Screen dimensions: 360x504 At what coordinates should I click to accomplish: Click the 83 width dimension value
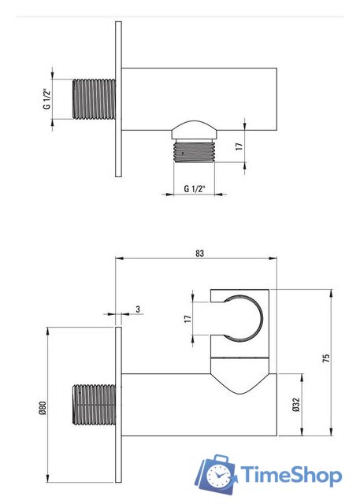pos(199,254)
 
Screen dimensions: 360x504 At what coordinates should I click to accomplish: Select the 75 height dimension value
pos(326,358)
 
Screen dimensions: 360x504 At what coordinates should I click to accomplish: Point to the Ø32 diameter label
pos(296,404)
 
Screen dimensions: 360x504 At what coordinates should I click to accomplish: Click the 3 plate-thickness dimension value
pos(138,309)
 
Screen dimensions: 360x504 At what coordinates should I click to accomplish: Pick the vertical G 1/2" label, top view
pos(47,99)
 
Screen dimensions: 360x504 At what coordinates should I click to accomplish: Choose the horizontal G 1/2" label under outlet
pos(195,189)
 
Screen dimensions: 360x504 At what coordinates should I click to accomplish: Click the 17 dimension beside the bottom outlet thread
pos(239,146)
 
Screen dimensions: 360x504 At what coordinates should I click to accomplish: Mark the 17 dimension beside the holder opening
pos(187,319)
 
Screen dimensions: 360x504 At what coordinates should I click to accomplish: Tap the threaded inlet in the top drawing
pos(94,99)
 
